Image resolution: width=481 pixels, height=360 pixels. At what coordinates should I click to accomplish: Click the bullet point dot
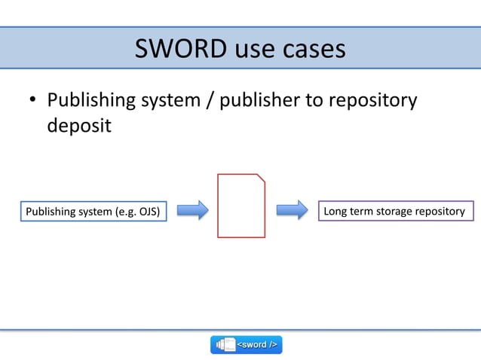click(x=32, y=101)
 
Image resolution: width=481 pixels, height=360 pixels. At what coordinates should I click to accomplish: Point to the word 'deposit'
click(x=79, y=125)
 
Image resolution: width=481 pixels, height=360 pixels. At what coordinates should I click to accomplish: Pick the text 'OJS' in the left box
click(x=146, y=212)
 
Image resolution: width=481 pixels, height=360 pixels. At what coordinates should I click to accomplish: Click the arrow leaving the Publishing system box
click(x=193, y=210)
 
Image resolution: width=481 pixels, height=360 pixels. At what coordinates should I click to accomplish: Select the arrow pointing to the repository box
click(x=293, y=210)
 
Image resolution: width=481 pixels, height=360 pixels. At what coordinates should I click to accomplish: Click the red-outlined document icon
click(x=241, y=206)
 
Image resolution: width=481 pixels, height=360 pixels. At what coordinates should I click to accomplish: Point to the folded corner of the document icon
click(x=261, y=178)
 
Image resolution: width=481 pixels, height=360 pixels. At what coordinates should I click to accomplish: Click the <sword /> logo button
click(x=246, y=344)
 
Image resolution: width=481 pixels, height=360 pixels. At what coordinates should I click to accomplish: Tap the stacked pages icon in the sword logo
click(x=225, y=344)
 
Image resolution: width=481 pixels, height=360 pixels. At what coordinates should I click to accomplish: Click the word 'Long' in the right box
click(x=335, y=211)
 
